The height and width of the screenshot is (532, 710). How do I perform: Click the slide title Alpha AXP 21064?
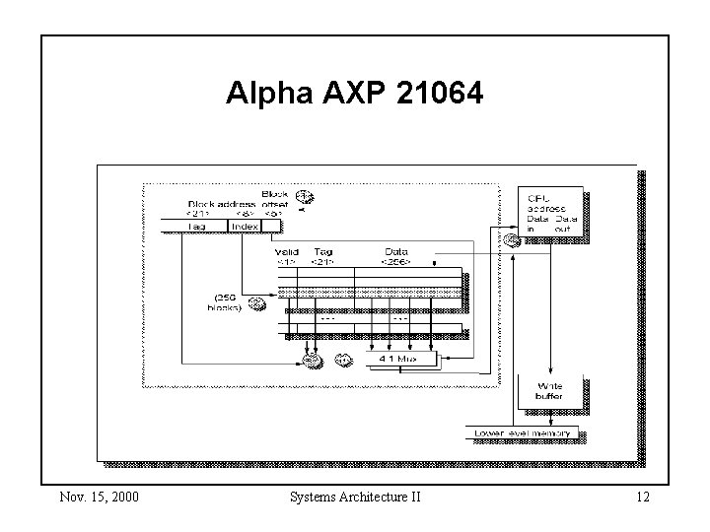(x=355, y=95)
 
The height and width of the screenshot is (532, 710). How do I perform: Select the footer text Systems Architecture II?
(x=355, y=497)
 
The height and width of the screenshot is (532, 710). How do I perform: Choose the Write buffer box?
(x=549, y=390)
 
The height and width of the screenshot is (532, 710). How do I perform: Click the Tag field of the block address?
(x=196, y=227)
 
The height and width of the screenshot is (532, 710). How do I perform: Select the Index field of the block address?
(x=244, y=227)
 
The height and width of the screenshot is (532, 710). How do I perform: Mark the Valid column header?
(x=286, y=256)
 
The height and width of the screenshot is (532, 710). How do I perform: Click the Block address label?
(x=223, y=205)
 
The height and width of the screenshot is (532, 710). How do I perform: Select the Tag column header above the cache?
(x=322, y=256)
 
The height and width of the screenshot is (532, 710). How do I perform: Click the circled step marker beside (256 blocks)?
(x=257, y=302)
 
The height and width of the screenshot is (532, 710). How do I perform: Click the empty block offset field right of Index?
(x=273, y=227)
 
